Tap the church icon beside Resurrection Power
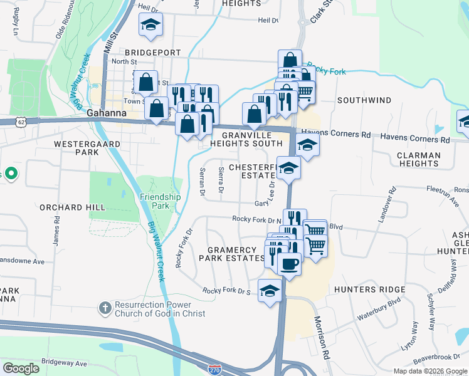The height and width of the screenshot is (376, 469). tap(105, 308)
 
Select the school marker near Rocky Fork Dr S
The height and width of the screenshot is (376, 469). tap(270, 291)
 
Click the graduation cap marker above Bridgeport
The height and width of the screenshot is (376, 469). tap(150, 25)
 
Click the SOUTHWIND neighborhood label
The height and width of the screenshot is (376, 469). tap(364, 100)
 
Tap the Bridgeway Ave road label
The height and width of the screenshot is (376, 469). tap(64, 363)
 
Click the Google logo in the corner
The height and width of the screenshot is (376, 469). tap(21, 368)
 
